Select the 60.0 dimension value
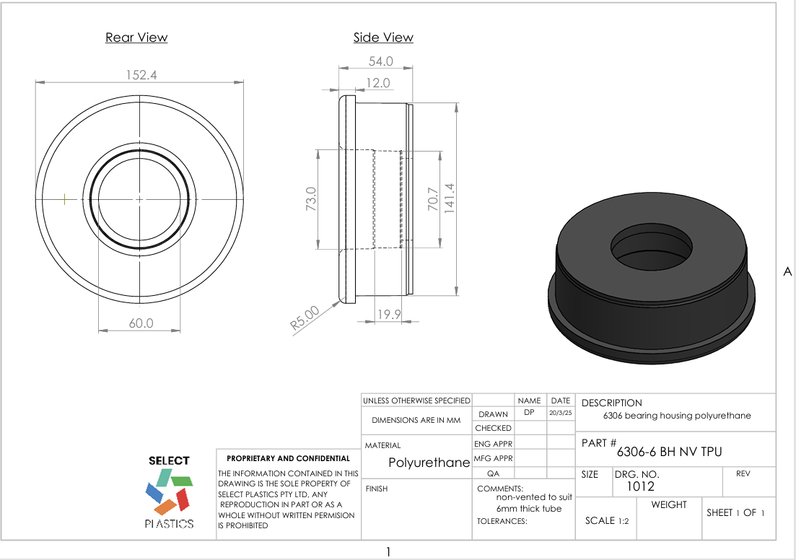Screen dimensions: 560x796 (141, 323)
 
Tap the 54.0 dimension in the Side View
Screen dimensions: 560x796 (380, 61)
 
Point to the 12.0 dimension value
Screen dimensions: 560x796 (377, 83)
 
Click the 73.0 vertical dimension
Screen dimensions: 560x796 (311, 199)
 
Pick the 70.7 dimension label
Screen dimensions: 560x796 (432, 199)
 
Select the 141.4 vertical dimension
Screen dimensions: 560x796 (450, 199)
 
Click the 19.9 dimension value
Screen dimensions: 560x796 (389, 314)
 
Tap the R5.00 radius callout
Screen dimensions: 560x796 (305, 318)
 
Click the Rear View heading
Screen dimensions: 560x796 (136, 38)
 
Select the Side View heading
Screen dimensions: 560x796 (383, 38)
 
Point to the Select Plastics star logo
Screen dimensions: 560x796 (169, 492)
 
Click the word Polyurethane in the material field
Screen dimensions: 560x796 (429, 463)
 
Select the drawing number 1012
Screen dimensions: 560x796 (635, 486)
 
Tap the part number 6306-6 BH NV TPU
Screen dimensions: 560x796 (669, 452)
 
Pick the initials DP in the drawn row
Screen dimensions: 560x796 (529, 412)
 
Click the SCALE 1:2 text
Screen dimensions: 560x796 (607, 520)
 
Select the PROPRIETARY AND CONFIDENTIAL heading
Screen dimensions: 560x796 (288, 458)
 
